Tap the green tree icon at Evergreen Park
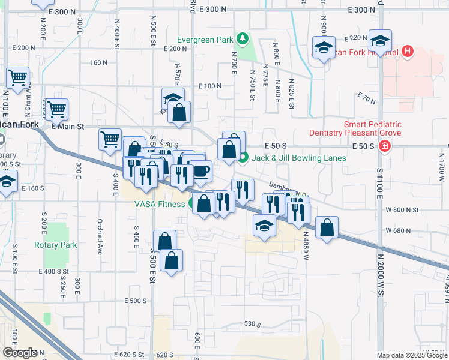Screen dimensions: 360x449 [242, 40]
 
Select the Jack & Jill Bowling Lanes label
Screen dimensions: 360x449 [298, 158]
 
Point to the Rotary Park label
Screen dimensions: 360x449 [55, 245]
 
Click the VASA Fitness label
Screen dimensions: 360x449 [159, 203]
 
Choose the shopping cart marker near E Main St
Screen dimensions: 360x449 [57, 110]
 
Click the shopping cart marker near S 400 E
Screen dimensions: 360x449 [110, 140]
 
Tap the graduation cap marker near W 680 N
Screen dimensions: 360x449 [264, 226]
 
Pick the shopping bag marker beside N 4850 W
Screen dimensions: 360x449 [327, 227]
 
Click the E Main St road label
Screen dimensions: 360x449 [67, 126]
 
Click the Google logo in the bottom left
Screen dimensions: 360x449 [20, 353]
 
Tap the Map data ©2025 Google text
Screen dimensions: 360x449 [411, 355]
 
